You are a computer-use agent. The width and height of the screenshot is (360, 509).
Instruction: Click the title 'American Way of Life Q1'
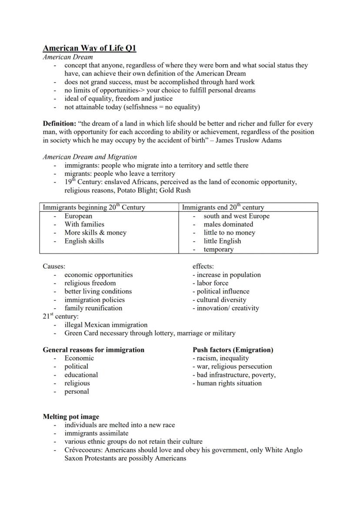point(89,48)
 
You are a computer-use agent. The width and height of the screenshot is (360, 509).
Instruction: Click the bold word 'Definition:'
point(59,123)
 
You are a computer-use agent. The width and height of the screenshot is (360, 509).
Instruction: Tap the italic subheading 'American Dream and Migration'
point(90,157)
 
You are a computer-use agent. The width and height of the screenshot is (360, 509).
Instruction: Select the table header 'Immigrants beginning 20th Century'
point(93,207)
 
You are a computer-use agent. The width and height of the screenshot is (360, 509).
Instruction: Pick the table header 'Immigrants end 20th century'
point(223,207)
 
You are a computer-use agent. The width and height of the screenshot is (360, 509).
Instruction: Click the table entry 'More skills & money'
point(95,233)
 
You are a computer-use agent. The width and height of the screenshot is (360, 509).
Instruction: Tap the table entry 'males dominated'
point(228,224)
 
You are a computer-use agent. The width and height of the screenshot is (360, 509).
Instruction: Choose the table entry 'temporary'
point(218,250)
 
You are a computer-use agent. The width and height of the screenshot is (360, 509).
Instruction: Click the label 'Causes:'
point(54,266)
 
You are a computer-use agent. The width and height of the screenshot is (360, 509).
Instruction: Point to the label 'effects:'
point(203,266)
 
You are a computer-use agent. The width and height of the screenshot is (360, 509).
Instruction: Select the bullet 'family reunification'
point(93,308)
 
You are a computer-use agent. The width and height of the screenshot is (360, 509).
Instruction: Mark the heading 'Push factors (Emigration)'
point(233,350)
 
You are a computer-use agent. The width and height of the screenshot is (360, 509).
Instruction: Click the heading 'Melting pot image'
point(71,416)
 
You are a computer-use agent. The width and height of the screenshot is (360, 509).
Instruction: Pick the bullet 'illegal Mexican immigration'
point(106,325)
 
